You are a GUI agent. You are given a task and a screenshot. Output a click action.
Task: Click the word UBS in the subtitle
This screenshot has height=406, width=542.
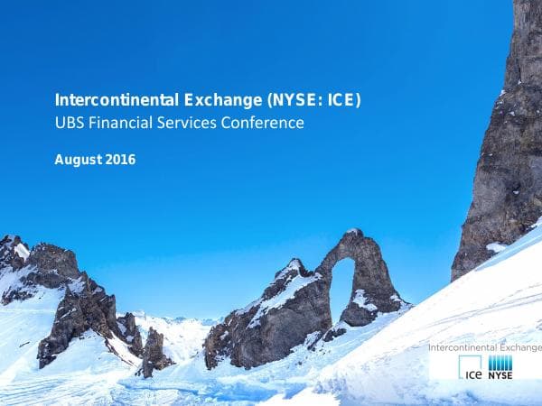[x=70, y=123]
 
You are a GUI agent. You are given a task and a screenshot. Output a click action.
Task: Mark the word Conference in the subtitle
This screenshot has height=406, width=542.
[x=263, y=123]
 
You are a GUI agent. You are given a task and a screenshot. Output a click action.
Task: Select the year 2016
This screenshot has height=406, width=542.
[x=121, y=161]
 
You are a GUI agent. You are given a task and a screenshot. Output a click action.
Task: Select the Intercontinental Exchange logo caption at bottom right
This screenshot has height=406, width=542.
[x=484, y=346]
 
